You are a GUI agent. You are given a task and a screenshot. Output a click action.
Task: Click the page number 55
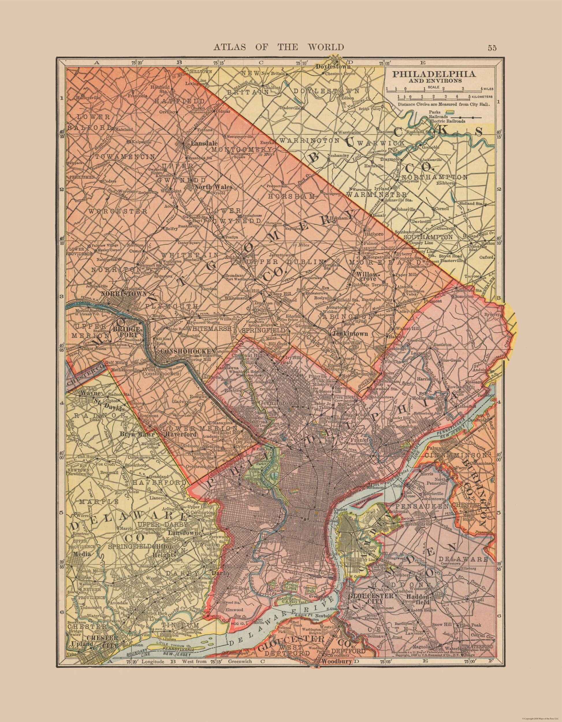tap(492, 48)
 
